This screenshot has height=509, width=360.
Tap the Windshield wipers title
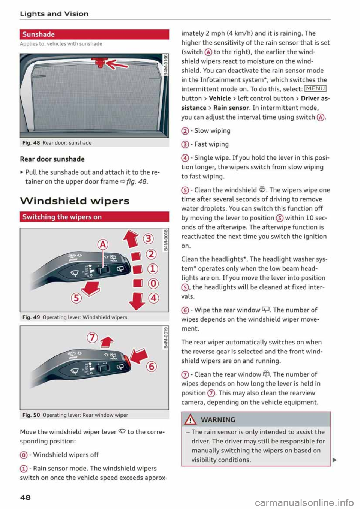(74, 201)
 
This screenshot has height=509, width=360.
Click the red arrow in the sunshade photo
(116, 65)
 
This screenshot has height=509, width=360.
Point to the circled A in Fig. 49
(103, 245)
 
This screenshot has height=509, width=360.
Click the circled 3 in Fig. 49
(149, 239)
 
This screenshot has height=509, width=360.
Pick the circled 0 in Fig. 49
(153, 283)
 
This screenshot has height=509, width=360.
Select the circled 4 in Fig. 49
(153, 298)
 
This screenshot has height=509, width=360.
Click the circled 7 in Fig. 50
(92, 338)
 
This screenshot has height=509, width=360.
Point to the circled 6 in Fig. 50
(151, 366)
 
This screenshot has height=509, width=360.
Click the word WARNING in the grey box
(218, 420)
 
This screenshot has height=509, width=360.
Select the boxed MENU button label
(315, 89)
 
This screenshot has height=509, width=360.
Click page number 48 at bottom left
(25, 497)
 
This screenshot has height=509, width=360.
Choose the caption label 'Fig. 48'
(31, 143)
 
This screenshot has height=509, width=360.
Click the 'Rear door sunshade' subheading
(52, 159)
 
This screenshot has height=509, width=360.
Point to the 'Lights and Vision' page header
(54, 14)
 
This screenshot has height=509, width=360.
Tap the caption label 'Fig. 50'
(31, 415)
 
